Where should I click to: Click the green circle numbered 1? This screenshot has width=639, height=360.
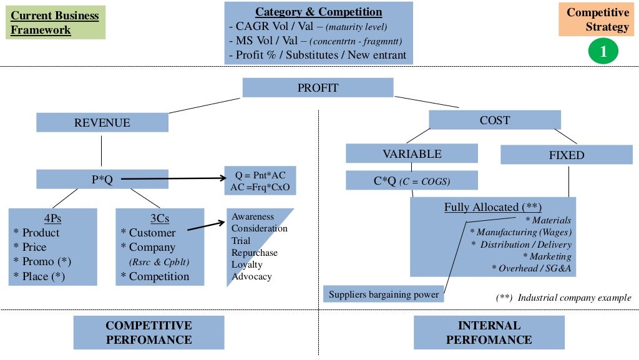tap(603, 51)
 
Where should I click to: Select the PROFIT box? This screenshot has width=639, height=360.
tap(318, 87)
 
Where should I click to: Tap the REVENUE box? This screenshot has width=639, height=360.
tap(102, 122)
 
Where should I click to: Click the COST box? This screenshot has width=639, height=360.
tap(494, 120)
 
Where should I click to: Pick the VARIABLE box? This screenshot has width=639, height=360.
tap(412, 153)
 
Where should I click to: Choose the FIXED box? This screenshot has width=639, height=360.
tap(567, 155)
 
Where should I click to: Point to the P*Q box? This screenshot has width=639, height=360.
tap(102, 180)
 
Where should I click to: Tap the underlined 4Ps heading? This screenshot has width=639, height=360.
tap(52, 218)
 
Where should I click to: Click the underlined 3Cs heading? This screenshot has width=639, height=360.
tap(160, 218)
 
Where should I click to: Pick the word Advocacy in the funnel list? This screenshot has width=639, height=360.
tap(251, 276)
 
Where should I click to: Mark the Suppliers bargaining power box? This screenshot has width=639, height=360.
tap(384, 294)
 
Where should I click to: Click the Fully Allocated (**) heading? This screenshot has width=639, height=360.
tap(492, 207)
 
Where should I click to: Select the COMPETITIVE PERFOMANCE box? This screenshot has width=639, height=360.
tap(149, 333)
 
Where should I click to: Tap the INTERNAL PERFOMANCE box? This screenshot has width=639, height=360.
tap(489, 333)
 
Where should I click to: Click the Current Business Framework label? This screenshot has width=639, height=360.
tap(55, 23)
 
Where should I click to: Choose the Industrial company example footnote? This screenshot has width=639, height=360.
tap(563, 298)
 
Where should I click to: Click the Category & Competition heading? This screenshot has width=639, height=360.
tap(318, 12)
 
